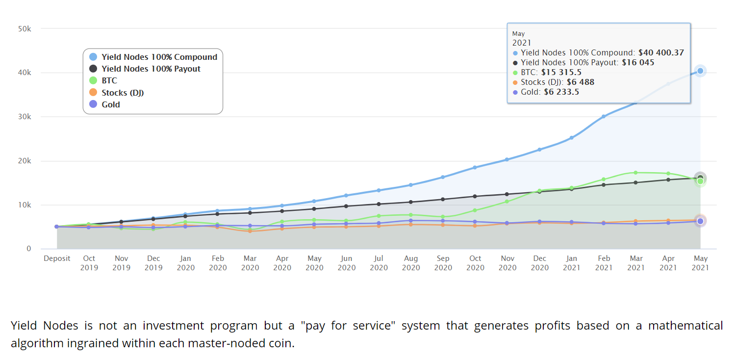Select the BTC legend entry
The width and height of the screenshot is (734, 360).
click(x=109, y=80)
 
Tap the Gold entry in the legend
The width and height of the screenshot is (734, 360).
click(x=111, y=104)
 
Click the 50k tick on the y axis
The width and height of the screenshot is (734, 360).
click(x=25, y=29)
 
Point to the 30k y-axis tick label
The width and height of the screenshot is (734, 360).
click(x=25, y=117)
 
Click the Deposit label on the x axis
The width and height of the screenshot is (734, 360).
click(x=57, y=258)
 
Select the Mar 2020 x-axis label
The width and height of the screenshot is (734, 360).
click(x=250, y=263)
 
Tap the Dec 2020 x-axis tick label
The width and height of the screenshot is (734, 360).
click(x=539, y=263)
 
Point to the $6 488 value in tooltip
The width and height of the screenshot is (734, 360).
click(x=581, y=82)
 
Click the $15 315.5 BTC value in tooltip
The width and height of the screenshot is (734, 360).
click(x=561, y=72)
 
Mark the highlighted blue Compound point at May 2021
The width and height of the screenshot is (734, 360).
click(x=700, y=71)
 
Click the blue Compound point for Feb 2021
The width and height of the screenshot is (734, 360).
click(x=604, y=116)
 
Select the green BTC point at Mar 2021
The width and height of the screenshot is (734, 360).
click(x=636, y=173)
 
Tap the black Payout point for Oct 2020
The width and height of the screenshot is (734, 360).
click(x=475, y=196)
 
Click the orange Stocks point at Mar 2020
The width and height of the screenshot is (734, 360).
click(x=250, y=231)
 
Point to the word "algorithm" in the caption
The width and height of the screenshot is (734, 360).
click(x=37, y=343)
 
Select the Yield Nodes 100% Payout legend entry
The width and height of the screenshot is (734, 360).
click(x=151, y=69)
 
